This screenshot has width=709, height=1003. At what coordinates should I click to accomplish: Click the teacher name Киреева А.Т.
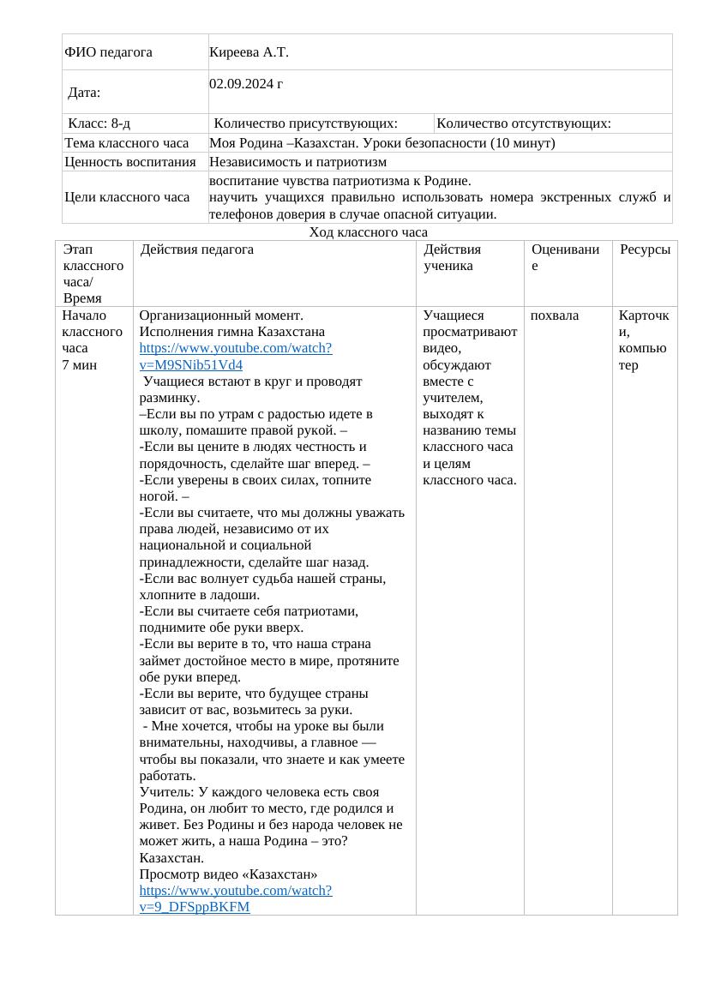point(249,52)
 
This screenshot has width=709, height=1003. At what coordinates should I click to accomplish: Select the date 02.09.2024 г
point(246,84)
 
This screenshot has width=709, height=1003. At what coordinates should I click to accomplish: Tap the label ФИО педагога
point(108,52)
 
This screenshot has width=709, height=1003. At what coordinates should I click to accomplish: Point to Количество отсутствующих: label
point(523,123)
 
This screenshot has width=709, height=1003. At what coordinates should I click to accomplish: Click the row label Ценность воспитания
point(130,161)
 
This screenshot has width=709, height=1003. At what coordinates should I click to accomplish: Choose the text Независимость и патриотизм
point(297,161)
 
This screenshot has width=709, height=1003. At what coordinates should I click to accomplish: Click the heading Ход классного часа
point(368,232)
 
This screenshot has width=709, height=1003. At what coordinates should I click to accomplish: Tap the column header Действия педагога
point(197,249)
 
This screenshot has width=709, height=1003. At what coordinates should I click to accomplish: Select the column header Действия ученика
point(452,257)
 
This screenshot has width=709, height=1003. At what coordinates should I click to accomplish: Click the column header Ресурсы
point(645,249)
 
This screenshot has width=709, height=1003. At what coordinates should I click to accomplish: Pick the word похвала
point(554,315)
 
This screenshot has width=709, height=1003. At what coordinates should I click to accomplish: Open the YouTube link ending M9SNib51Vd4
point(235,357)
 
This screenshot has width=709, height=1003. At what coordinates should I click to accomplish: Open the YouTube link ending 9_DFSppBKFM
point(235,898)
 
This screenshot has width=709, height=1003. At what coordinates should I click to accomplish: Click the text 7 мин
point(80,364)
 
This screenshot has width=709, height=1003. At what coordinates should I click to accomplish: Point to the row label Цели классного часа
point(127,197)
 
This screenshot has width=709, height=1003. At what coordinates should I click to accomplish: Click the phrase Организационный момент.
point(221,315)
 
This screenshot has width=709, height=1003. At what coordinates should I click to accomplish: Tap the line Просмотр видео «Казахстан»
point(228,874)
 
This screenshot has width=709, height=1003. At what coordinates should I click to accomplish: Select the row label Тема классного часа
point(127,143)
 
